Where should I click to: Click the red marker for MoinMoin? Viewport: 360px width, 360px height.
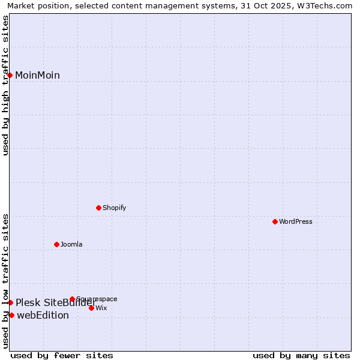click(10, 75)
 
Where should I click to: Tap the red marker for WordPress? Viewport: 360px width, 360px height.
click(275, 221)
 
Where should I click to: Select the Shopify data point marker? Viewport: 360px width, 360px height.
click(99, 208)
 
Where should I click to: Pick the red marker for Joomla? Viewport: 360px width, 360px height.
click(57, 244)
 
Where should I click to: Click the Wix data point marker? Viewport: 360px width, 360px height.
click(91, 308)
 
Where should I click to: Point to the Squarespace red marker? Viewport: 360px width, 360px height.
click(72, 299)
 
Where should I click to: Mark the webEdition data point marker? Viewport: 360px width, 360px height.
click(11, 315)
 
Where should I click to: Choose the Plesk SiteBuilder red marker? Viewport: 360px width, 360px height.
click(10, 302)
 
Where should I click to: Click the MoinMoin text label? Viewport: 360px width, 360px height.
click(37, 75)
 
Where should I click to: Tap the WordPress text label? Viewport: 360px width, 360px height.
click(296, 221)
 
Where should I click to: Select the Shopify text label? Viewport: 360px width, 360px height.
click(115, 208)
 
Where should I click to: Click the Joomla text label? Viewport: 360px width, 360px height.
click(71, 244)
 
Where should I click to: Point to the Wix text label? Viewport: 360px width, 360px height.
click(101, 308)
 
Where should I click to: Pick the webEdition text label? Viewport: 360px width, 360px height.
click(43, 316)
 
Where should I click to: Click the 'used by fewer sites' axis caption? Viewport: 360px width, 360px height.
click(62, 355)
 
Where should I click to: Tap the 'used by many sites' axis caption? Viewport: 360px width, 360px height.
click(301, 355)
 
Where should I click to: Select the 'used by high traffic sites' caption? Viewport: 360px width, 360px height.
click(6, 85)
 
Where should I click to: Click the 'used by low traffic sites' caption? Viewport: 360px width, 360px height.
click(6, 280)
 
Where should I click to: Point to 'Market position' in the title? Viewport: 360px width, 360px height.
click(35, 5)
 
